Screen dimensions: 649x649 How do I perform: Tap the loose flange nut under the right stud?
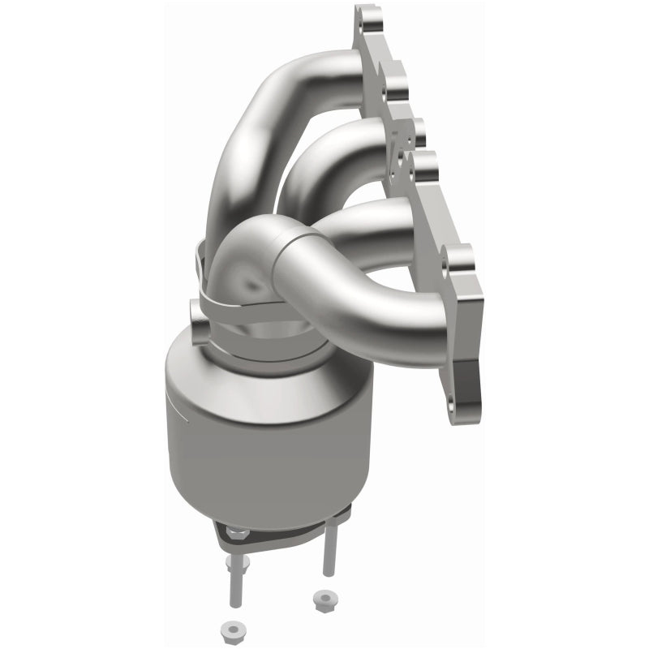(x=321, y=600)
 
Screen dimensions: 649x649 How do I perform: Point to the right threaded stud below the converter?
(x=328, y=552)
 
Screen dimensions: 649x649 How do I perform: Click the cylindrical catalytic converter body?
(x=260, y=438)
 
